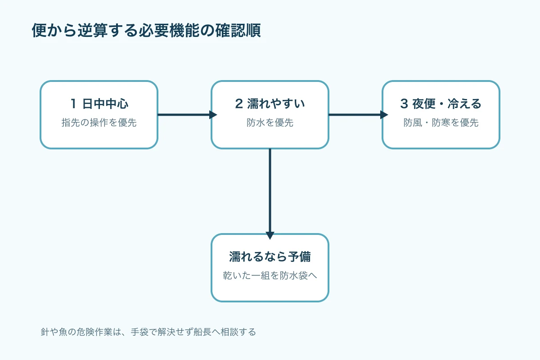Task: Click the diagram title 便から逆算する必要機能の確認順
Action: [x=146, y=31]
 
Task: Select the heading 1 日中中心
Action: [x=99, y=103]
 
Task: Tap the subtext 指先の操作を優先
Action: [x=99, y=122]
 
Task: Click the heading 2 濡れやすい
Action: [x=270, y=103]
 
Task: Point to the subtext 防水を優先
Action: [x=270, y=122]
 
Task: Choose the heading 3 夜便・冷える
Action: [x=441, y=103]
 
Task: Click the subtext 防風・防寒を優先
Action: [x=441, y=122]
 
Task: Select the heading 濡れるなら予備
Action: [x=270, y=256]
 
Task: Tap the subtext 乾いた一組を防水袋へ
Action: [x=270, y=275]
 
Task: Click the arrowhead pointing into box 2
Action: [x=213, y=115]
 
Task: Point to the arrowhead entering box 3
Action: [x=384, y=115]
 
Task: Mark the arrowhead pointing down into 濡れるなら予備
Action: [x=270, y=236]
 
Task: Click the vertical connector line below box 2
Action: [x=270, y=190]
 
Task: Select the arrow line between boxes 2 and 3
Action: [x=355, y=115]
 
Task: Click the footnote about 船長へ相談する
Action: [x=148, y=332]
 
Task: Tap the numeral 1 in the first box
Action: [x=73, y=103]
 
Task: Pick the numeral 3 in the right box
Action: [x=404, y=103]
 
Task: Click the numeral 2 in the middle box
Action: [x=238, y=103]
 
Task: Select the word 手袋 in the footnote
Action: [x=139, y=332]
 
